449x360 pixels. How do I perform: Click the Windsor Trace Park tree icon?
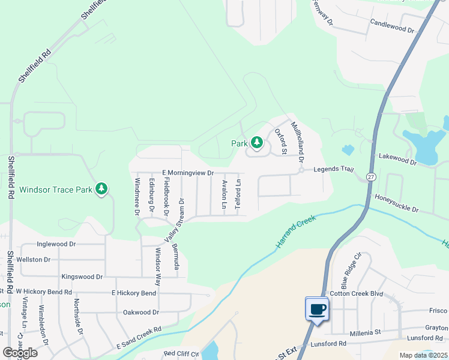click(101, 190)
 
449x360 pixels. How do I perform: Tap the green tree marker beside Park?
click(257, 143)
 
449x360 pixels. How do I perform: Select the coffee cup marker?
click(316, 310)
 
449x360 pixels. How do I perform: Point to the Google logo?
click(20, 353)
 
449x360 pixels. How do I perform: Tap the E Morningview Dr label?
click(188, 173)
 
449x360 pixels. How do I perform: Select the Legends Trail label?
click(330, 170)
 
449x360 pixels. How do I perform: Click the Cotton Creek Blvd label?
click(356, 293)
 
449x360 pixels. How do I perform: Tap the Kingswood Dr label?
click(82, 277)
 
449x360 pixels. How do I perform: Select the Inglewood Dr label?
click(56, 244)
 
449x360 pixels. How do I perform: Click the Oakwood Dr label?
click(140, 312)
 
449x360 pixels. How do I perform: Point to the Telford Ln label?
click(238, 194)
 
